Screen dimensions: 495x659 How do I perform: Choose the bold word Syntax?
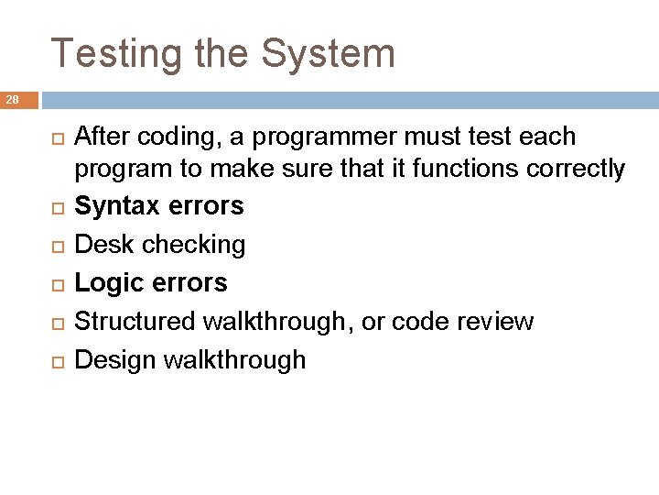[119, 206]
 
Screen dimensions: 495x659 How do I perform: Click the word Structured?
[134, 322]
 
